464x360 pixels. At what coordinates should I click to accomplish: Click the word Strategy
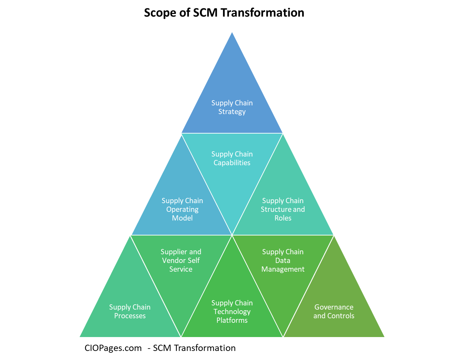click(232, 112)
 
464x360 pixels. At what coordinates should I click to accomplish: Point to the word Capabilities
click(232, 163)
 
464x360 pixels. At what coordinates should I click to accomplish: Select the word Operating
click(182, 209)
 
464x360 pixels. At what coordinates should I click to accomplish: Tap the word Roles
click(283, 218)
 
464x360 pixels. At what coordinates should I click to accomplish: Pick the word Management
click(283, 269)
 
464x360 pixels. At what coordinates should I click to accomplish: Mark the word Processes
click(130, 316)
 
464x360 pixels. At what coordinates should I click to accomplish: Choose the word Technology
click(232, 312)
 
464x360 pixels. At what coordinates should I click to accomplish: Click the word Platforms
click(232, 320)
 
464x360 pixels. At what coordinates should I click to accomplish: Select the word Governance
click(334, 307)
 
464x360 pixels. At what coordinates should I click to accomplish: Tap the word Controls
click(341, 316)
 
